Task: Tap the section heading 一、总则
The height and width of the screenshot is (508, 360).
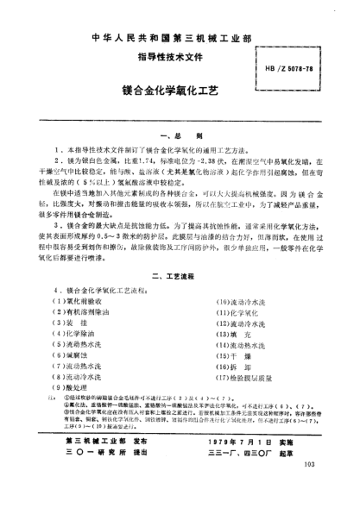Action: [x=180, y=137]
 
